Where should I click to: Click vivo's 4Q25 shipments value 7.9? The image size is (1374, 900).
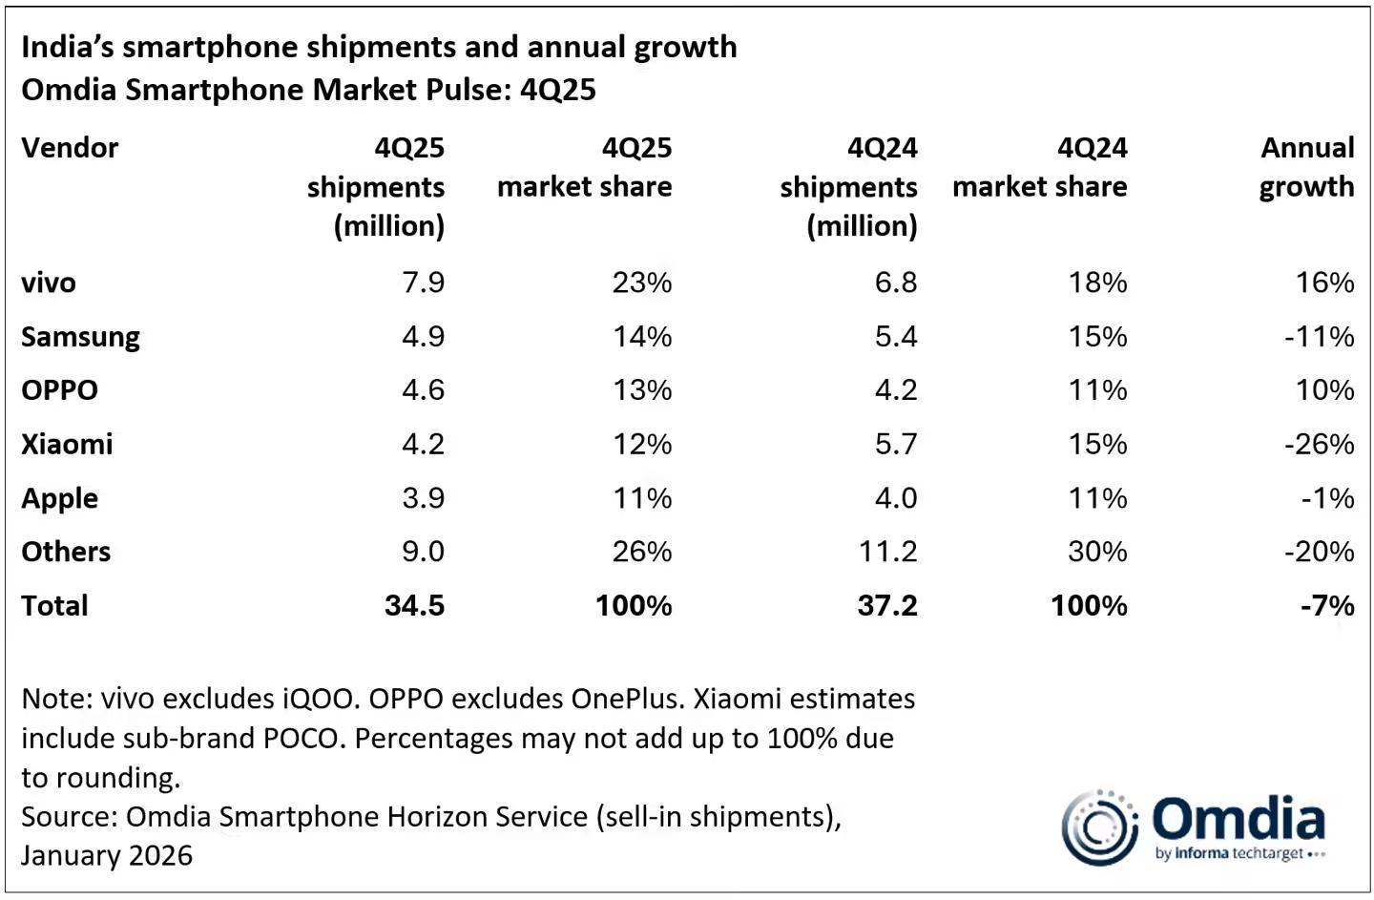point(424,283)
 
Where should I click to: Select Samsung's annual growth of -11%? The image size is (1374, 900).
point(1319,337)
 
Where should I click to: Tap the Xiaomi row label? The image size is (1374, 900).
point(67,444)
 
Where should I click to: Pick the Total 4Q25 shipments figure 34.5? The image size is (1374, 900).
point(415,605)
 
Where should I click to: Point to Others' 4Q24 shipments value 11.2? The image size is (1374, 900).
point(887,552)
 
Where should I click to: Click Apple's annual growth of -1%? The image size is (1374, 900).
point(1327,498)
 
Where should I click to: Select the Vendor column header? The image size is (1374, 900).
point(70,148)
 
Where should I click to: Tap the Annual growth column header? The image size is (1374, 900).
point(1306,167)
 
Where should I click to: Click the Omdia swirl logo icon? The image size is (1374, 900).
point(1100,827)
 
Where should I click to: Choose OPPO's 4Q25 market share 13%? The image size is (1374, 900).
point(642,390)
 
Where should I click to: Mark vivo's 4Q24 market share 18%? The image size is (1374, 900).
point(1097,283)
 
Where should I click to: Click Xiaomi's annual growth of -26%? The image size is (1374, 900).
point(1319,444)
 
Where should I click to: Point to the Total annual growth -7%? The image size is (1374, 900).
point(1327,605)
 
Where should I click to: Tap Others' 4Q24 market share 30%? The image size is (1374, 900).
point(1097,552)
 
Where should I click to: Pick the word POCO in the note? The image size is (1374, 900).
point(302,739)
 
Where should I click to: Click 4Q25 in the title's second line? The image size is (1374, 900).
point(557,90)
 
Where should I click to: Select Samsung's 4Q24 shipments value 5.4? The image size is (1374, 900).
point(896,337)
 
